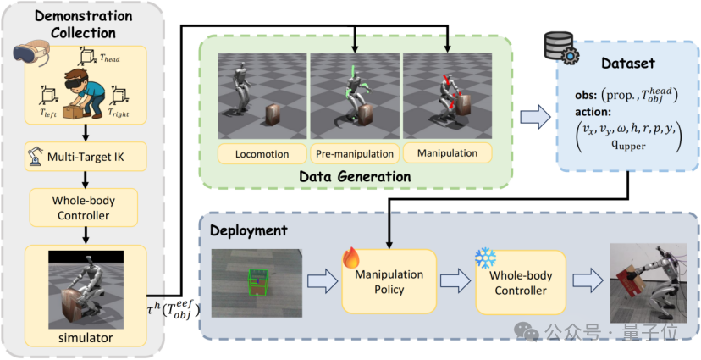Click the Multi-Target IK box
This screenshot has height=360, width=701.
pos(86,158)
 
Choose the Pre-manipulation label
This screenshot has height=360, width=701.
pos(356,154)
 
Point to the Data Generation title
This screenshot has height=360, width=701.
pos(356,176)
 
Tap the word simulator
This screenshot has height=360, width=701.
pos(85,339)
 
